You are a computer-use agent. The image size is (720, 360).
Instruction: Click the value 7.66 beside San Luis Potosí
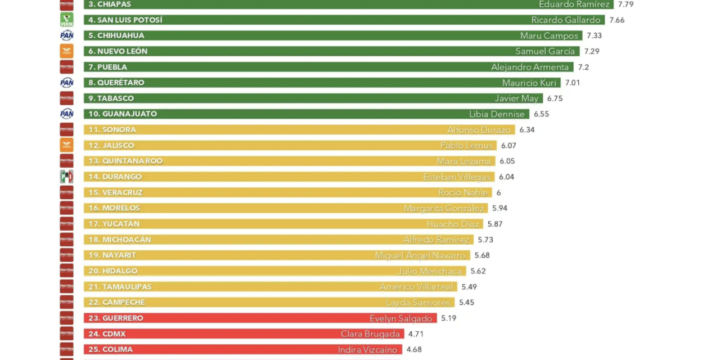tap(616, 20)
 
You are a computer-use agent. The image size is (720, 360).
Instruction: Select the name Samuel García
tap(545, 51)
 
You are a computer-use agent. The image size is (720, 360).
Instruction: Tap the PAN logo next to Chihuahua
tap(66, 35)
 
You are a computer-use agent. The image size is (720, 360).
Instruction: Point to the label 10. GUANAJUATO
tap(122, 114)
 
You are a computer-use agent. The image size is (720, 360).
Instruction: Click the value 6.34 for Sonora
tap(526, 130)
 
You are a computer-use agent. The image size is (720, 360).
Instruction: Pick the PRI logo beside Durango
tap(66, 177)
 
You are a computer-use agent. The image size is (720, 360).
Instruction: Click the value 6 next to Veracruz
tap(498, 193)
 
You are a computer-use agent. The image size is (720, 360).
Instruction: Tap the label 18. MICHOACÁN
tap(119, 240)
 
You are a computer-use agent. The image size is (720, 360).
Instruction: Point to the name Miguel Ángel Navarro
tap(420, 255)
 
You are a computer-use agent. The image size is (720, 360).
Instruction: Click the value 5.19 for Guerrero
tap(448, 318)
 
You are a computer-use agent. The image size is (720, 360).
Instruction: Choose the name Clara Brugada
tap(370, 334)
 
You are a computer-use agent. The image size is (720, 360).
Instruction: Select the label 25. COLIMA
tap(110, 350)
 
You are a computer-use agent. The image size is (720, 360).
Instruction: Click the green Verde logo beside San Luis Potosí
tap(66, 20)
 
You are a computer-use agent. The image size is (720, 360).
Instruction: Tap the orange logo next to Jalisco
tap(66, 145)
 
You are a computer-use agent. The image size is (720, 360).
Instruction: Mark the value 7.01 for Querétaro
tap(572, 83)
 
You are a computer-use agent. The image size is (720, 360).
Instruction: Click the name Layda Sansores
tap(418, 303)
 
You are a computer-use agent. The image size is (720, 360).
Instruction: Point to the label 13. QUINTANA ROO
tap(125, 161)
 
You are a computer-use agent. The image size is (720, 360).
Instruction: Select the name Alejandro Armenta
tap(530, 67)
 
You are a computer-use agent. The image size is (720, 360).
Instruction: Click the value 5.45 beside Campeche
tap(466, 303)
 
